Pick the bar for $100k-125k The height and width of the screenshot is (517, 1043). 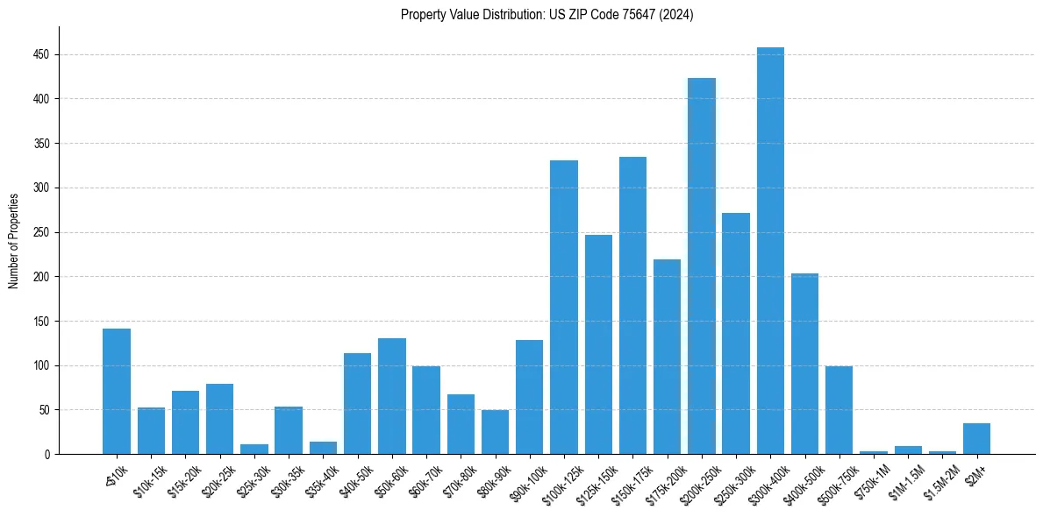point(564,307)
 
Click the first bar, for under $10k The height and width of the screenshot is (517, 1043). point(117,391)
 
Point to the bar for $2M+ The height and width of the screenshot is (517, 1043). point(976,438)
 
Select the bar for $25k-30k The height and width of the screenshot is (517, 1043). point(254,449)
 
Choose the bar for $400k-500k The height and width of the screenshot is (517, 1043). point(804,364)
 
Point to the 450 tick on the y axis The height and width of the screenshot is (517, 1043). point(40,54)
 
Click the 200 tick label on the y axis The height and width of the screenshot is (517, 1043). point(40,277)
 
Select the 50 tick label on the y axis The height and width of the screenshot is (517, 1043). point(43,410)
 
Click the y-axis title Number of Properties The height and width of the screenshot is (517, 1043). point(14,240)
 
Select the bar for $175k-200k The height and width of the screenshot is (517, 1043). point(667,357)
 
